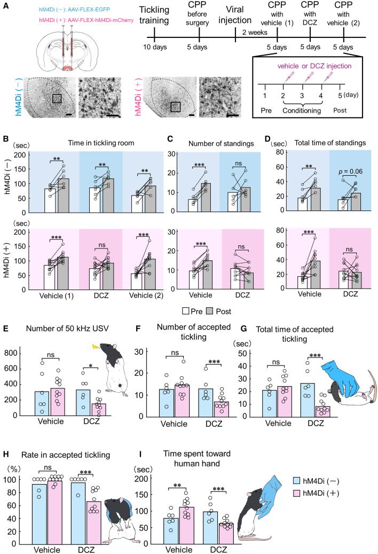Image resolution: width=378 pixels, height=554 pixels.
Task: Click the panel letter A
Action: [5, 5]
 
